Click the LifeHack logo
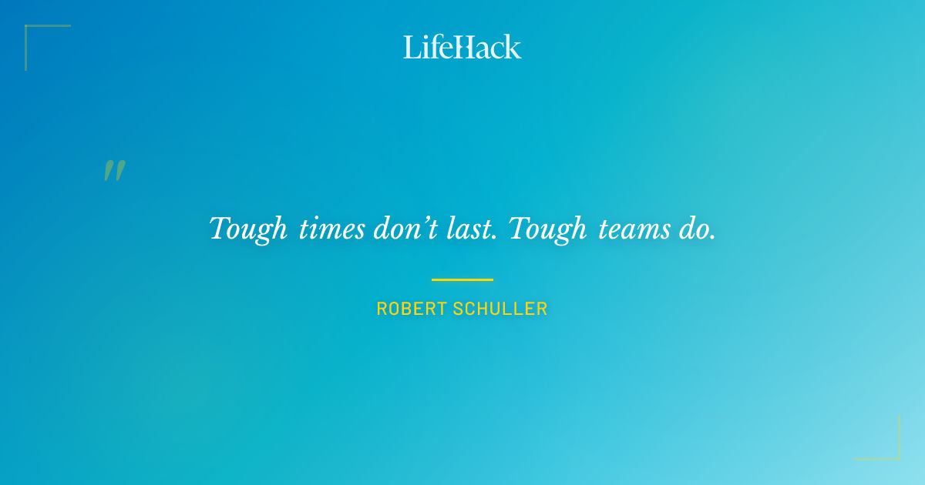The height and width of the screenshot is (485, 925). pos(462,47)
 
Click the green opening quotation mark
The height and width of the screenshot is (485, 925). pos(114,171)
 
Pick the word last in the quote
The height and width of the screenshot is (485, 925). pos(469,229)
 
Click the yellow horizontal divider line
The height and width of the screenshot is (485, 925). pos(462,279)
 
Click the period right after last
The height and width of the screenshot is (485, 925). pos(493,238)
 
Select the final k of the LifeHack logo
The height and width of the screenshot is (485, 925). pos(513,48)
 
